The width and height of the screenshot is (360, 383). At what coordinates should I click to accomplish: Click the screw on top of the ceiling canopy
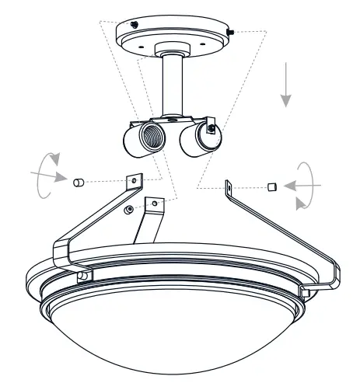click(135, 24)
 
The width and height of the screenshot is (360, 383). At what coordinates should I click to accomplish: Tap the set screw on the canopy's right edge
click(231, 31)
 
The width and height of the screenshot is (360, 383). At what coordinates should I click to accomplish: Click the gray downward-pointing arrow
click(286, 89)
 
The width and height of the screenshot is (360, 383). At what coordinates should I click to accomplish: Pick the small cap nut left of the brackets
click(78, 183)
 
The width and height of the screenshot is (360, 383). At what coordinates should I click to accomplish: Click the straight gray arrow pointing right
click(48, 176)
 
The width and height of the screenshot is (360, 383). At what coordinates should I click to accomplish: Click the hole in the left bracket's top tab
click(135, 179)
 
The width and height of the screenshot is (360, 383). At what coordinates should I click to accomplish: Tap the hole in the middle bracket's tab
click(154, 204)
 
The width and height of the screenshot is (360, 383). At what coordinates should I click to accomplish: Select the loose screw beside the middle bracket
click(128, 211)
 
